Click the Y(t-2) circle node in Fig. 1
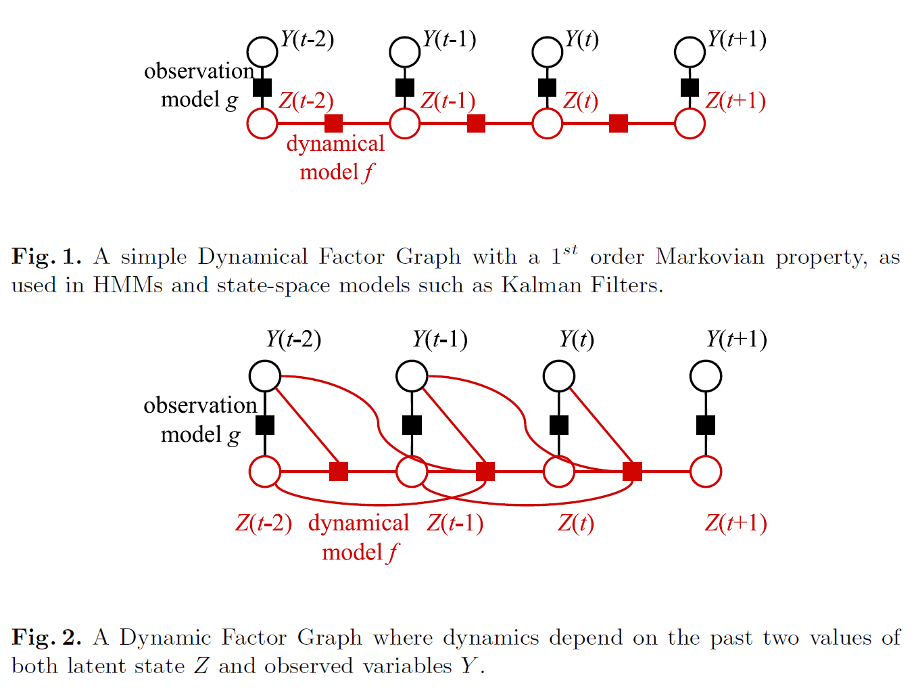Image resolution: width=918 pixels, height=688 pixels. tap(262, 52)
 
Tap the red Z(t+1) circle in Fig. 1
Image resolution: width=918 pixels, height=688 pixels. tap(690, 124)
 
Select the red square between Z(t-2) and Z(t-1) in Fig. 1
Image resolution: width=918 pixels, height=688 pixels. tap(333, 124)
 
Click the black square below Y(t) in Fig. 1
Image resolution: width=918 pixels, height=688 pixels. tap(547, 88)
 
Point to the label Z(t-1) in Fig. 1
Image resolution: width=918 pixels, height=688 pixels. tap(448, 101)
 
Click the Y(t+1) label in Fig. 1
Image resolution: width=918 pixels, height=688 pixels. tap(737, 39)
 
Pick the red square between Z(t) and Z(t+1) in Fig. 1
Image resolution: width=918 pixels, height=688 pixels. tap(619, 124)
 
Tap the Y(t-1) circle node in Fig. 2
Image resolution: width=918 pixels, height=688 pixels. tap(412, 376)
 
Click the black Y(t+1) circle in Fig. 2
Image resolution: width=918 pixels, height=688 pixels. tap(706, 376)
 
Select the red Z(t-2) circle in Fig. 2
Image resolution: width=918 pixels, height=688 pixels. tap(265, 472)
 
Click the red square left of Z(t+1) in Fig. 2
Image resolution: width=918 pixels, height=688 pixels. tap(632, 472)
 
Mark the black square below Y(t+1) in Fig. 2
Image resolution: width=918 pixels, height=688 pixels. tap(706, 426)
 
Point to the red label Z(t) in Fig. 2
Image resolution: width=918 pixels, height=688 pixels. tap(575, 523)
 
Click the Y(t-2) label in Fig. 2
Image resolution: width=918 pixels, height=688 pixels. tap(293, 339)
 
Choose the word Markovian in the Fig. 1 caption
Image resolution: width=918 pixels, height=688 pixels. tap(710, 257)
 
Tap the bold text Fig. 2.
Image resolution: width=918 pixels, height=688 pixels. tap(46, 638)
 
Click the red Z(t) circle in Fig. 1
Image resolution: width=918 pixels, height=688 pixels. tap(548, 124)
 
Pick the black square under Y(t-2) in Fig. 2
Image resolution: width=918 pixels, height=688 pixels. tap(265, 426)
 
